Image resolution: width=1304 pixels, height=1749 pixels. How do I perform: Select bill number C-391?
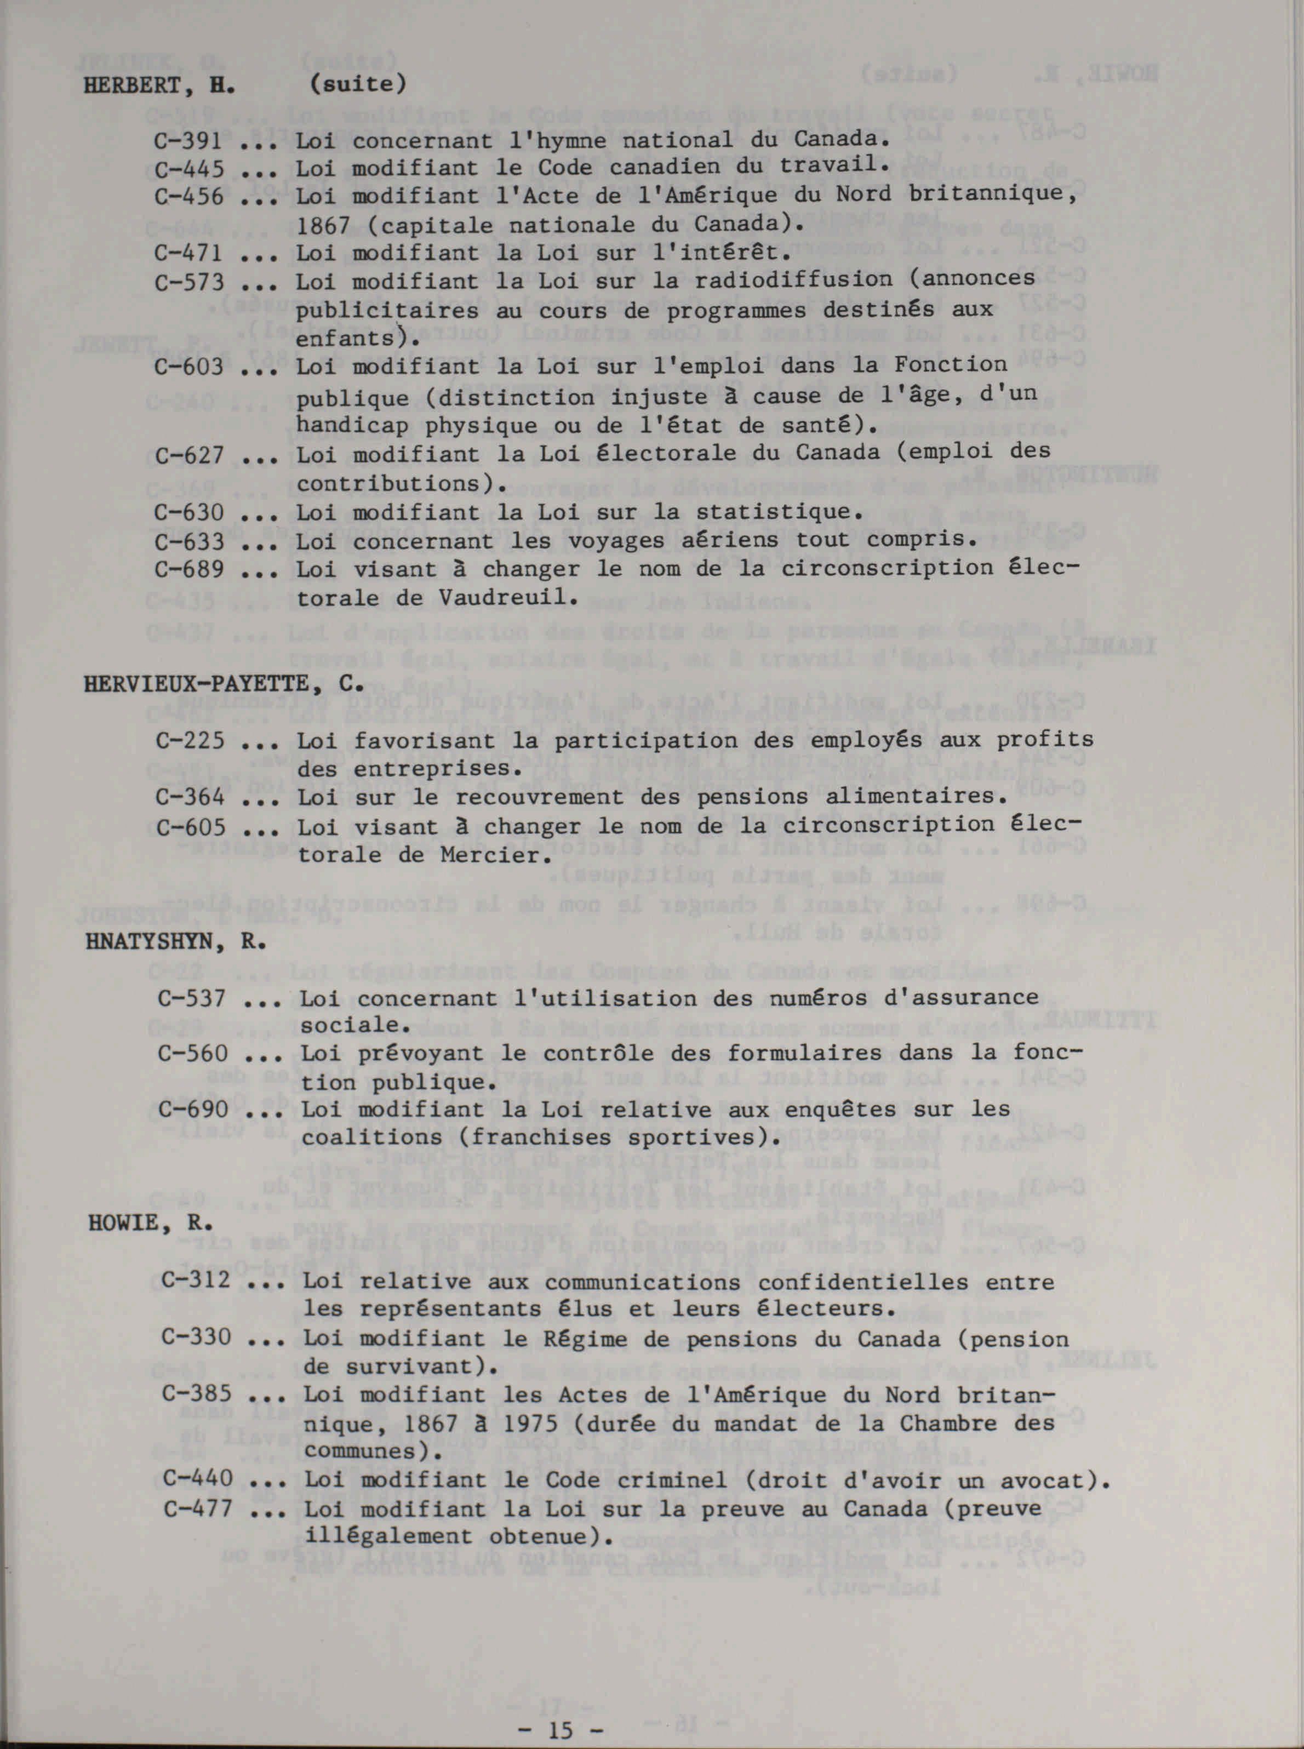point(188,142)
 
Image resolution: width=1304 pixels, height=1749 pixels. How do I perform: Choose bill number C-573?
point(188,282)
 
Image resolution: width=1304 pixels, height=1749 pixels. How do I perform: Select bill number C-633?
point(188,541)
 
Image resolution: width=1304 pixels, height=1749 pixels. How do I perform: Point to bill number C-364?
point(190,797)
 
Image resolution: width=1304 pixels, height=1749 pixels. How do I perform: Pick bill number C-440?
point(197,1478)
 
